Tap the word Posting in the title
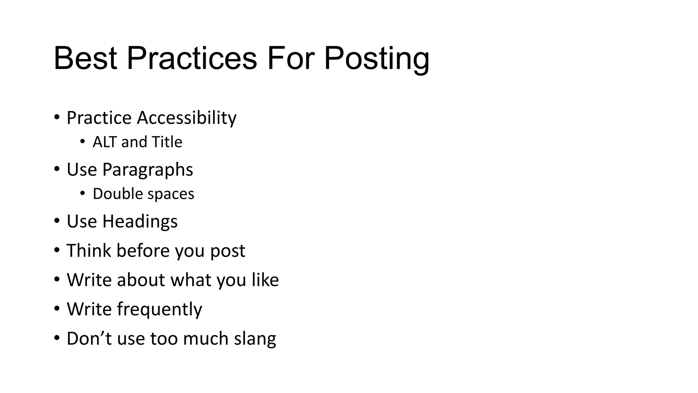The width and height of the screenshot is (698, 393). [x=376, y=59]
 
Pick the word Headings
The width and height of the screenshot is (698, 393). [x=140, y=221]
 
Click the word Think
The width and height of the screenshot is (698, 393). [x=89, y=250]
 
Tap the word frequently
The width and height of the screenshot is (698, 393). [x=160, y=309]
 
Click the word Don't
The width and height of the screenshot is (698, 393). [x=89, y=338]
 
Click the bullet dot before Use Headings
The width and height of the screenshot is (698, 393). [x=57, y=221]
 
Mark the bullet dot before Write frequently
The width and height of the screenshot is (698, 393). [x=57, y=309]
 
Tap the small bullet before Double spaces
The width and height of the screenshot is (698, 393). [x=82, y=193]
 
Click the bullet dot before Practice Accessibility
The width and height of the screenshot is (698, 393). [x=57, y=117]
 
